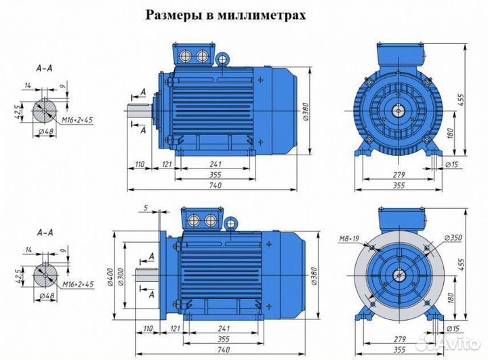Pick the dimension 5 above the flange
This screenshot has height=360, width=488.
pyautogui.click(x=145, y=207)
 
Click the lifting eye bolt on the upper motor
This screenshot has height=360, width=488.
pyautogui.click(x=222, y=59)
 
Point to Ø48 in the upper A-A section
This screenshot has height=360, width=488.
pyautogui.click(x=47, y=132)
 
